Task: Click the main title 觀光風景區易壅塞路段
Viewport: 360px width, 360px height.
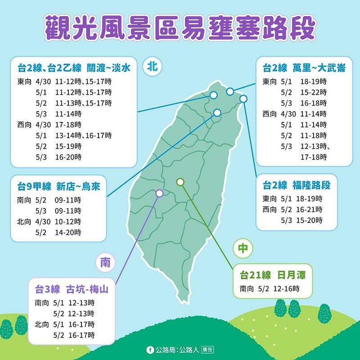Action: click(x=180, y=28)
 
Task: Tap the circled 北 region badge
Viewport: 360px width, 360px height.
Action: click(x=152, y=67)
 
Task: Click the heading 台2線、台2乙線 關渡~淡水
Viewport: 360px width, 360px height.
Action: click(x=74, y=68)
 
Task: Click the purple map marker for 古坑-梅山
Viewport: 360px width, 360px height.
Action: click(x=159, y=193)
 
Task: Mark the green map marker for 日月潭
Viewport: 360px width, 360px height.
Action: click(x=180, y=182)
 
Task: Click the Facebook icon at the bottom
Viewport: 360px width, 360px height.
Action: click(x=150, y=349)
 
